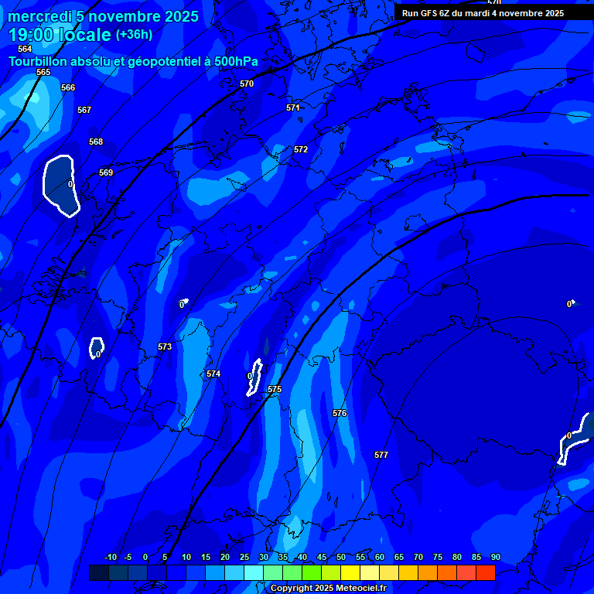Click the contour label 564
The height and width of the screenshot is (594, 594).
[25, 49]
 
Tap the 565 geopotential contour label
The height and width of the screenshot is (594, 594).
[43, 72]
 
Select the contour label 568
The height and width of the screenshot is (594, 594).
[96, 142]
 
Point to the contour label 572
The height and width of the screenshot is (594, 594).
[301, 149]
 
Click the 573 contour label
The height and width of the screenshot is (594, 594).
[165, 347]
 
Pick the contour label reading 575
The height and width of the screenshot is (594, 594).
[275, 389]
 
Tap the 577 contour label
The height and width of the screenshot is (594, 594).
[381, 455]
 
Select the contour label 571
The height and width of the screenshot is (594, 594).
[293, 108]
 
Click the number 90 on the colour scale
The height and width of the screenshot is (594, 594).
[496, 557]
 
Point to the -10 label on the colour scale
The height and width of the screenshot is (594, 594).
[110, 557]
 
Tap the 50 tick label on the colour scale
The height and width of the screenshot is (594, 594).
[341, 557]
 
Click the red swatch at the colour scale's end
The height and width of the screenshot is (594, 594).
[486, 572]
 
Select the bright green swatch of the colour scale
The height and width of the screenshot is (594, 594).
[312, 572]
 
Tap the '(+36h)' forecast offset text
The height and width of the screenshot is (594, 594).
[134, 35]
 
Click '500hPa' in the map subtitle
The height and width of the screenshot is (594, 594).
[235, 61]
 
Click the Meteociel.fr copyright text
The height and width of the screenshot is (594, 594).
[328, 589]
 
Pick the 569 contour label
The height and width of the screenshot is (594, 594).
[106, 172]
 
